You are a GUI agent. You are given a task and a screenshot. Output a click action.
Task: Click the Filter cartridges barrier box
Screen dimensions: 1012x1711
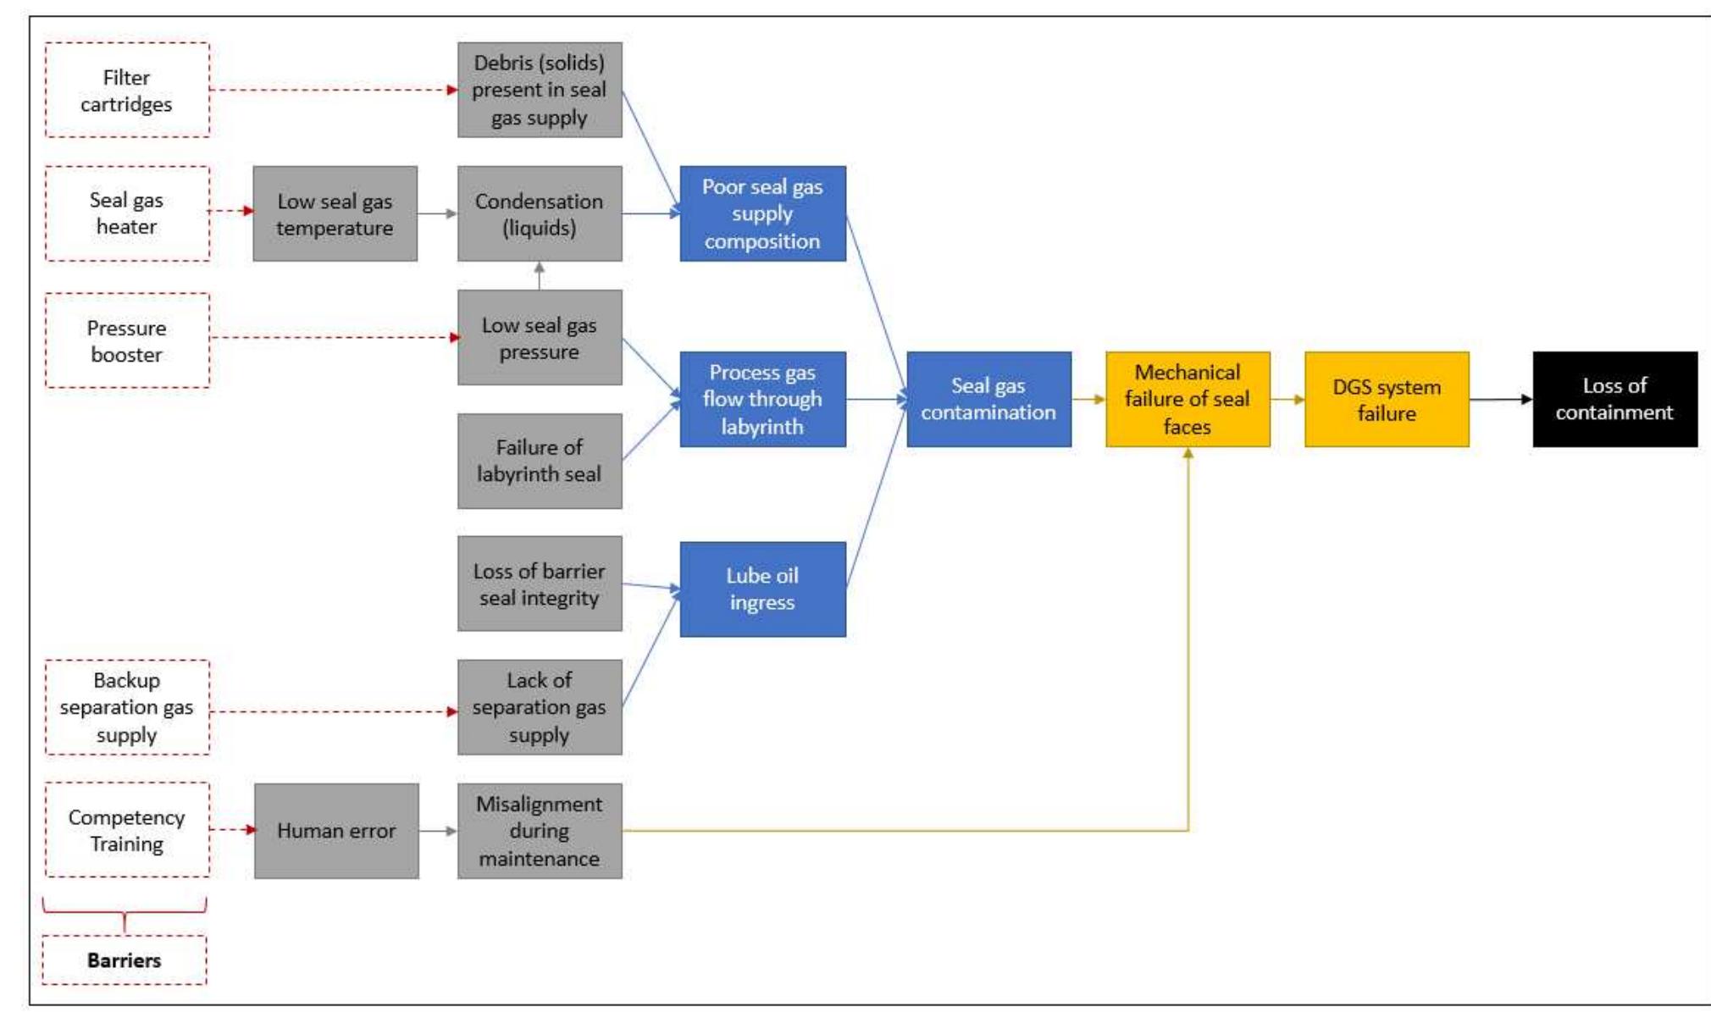127,90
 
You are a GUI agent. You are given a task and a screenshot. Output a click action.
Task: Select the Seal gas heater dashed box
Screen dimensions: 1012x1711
127,213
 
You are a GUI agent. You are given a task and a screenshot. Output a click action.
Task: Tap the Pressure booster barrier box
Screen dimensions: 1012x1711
127,340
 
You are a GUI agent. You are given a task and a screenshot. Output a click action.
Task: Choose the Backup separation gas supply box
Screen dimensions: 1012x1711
127,707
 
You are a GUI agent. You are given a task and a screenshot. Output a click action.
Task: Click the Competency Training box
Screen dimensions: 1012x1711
127,830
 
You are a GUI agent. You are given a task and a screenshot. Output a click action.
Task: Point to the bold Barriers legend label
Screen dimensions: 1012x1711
125,959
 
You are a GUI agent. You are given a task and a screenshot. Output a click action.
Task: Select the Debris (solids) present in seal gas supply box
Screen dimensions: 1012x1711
540,90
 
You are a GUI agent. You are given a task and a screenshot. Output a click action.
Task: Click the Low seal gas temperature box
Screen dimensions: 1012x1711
335,213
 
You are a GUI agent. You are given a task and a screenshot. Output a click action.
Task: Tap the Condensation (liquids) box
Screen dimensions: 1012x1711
540,213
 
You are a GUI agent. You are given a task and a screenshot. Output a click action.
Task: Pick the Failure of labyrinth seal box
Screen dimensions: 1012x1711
540,461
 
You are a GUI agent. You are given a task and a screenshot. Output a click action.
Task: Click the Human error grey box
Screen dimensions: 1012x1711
336,831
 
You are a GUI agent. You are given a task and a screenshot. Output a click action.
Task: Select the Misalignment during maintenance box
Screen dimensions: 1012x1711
540,831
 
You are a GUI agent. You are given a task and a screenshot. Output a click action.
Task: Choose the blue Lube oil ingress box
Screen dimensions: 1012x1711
762,589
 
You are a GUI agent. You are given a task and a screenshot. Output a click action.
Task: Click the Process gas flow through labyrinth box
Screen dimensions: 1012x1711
762,399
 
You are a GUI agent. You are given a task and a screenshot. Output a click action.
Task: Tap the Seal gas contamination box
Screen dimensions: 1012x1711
988,399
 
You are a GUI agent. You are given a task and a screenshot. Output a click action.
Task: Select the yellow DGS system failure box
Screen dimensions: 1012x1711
1387,399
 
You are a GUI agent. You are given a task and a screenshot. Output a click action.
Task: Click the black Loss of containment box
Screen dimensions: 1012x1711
1614,399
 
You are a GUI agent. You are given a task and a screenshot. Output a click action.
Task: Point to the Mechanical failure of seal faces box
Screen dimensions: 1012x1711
1188,399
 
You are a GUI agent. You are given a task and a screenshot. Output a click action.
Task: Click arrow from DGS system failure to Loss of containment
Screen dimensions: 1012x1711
1500,399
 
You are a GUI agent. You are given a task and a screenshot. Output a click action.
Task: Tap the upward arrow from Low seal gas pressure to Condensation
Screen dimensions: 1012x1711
540,275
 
